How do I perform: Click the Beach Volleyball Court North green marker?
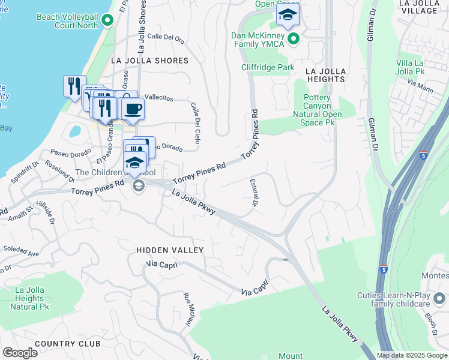(107, 21)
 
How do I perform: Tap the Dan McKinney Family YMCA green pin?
(294, 40)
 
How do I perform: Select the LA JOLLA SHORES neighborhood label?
(149, 61)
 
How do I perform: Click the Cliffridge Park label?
(268, 67)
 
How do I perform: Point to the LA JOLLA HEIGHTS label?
(326, 75)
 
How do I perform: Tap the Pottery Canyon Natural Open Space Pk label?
(317, 110)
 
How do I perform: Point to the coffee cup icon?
(133, 109)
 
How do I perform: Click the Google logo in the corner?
(20, 352)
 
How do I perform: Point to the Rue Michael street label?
(189, 310)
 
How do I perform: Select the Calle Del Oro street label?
(165, 38)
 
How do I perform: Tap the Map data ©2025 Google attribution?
(412, 355)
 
